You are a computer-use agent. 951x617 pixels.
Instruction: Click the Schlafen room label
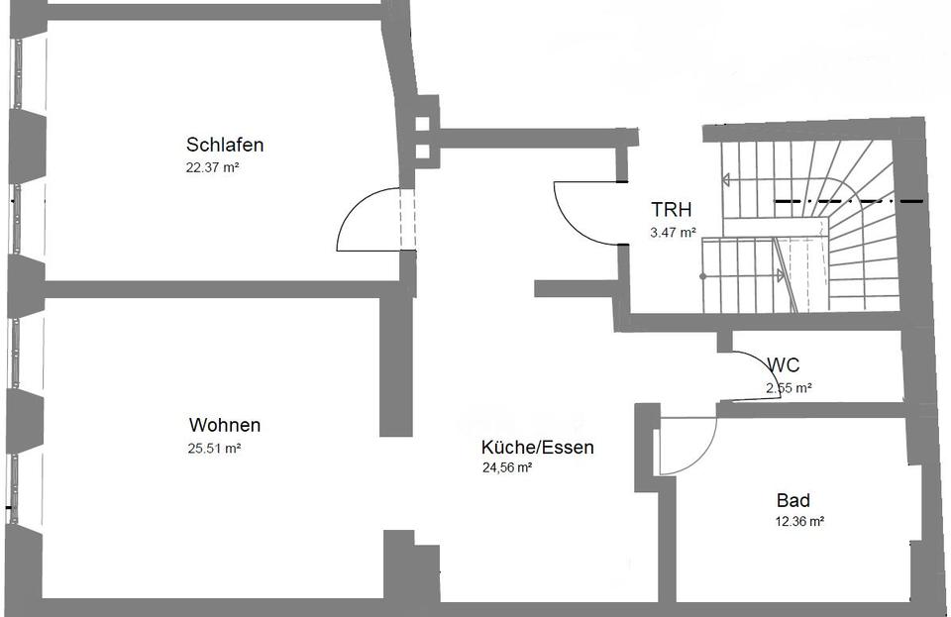[225, 145]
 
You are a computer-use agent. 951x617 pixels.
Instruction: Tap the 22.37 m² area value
[213, 167]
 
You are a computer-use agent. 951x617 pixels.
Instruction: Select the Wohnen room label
[225, 425]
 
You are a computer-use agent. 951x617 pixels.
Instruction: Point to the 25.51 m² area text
[215, 448]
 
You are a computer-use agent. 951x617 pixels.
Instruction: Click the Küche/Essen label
[538, 447]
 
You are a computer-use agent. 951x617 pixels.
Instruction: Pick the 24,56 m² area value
[507, 468]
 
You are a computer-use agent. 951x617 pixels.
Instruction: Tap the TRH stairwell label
[671, 209]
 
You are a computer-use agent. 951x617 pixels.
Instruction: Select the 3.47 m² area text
[673, 233]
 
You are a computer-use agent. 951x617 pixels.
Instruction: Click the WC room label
[783, 365]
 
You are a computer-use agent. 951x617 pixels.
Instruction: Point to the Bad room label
[794, 500]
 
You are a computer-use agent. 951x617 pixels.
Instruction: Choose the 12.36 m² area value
[800, 521]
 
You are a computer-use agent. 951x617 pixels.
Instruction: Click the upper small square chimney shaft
[422, 125]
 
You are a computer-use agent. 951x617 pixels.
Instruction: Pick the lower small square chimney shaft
[422, 152]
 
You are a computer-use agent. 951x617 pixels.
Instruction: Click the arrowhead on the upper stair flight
[726, 180]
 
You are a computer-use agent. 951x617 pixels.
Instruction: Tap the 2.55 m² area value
[789, 388]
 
